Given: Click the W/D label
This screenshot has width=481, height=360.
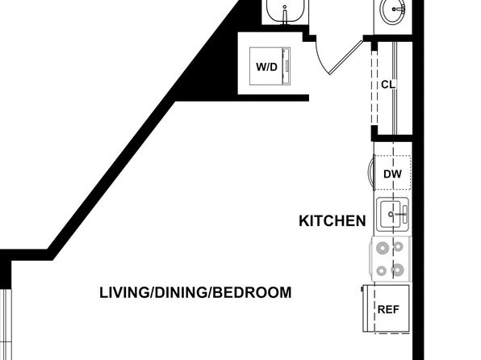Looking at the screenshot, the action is click(266, 67).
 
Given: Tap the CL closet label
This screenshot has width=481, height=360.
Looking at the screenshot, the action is click(388, 85).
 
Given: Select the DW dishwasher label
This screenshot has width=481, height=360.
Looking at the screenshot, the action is click(392, 174).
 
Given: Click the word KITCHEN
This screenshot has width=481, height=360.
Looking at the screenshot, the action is click(333, 221).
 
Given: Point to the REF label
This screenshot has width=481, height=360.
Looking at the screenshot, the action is click(388, 309).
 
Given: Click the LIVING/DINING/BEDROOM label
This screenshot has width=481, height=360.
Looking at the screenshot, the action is click(195, 292).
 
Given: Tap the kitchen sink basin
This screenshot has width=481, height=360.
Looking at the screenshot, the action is click(390, 214).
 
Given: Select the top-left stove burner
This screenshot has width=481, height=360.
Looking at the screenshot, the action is click(383, 248).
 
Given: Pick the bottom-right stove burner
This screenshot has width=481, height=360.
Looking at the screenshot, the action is click(397, 270).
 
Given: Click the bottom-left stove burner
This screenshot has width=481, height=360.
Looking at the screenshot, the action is click(381, 271).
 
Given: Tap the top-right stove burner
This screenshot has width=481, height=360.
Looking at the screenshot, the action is click(399, 246).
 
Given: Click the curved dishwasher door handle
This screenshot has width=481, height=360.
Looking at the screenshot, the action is click(370, 171).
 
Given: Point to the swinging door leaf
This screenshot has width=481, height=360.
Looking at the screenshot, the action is click(346, 57).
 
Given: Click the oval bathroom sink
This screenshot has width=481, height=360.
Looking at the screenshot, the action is click(393, 10).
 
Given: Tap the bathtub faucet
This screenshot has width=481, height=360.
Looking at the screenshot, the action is click(285, 15).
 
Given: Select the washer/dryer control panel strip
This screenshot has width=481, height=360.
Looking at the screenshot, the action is click(287, 66).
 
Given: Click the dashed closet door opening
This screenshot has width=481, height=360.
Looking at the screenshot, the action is click(374, 88).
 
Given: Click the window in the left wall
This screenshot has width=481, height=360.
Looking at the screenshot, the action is click(6, 324).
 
